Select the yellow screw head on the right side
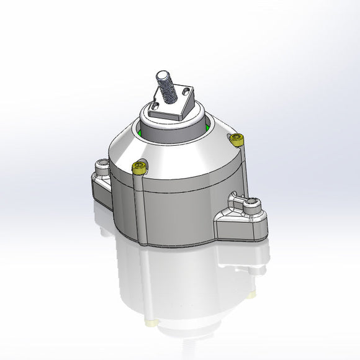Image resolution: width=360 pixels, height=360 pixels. click(236, 139)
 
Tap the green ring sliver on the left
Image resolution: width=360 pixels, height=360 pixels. click(142, 131)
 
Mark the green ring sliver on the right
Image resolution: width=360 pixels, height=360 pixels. click(207, 127)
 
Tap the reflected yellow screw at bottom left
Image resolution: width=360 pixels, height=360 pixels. click(151, 322)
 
